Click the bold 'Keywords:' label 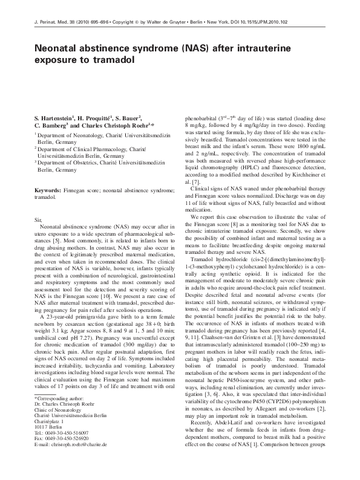point(48,190)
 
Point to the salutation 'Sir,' point(39,216)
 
